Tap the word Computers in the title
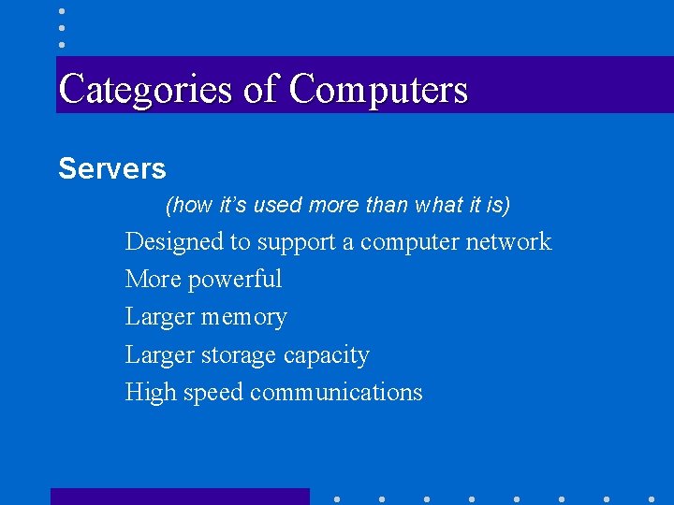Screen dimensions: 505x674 pos(378,90)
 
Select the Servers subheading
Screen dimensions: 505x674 pos(112,169)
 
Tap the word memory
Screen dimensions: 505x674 pos(244,318)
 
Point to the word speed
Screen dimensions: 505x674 pos(212,393)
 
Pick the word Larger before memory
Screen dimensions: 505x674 pos(159,318)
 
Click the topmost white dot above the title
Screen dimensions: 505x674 pos(61,10)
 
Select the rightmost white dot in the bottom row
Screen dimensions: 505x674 pos(652,498)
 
